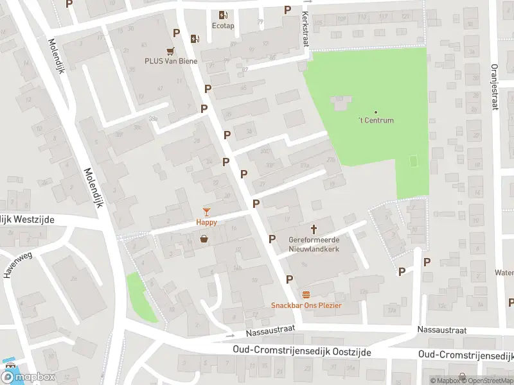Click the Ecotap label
[222, 26]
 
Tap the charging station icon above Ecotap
[223, 15]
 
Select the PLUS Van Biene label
[170, 62]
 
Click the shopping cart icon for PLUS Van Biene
[170, 51]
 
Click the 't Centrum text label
[376, 120]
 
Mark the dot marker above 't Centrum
[376, 112]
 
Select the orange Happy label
[206, 222]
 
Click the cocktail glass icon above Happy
[206, 211]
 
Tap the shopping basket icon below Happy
[204, 239]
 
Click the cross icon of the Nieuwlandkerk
[314, 229]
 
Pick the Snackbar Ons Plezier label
[306, 305]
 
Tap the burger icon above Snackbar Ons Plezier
[306, 294]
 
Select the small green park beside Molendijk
[142, 297]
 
